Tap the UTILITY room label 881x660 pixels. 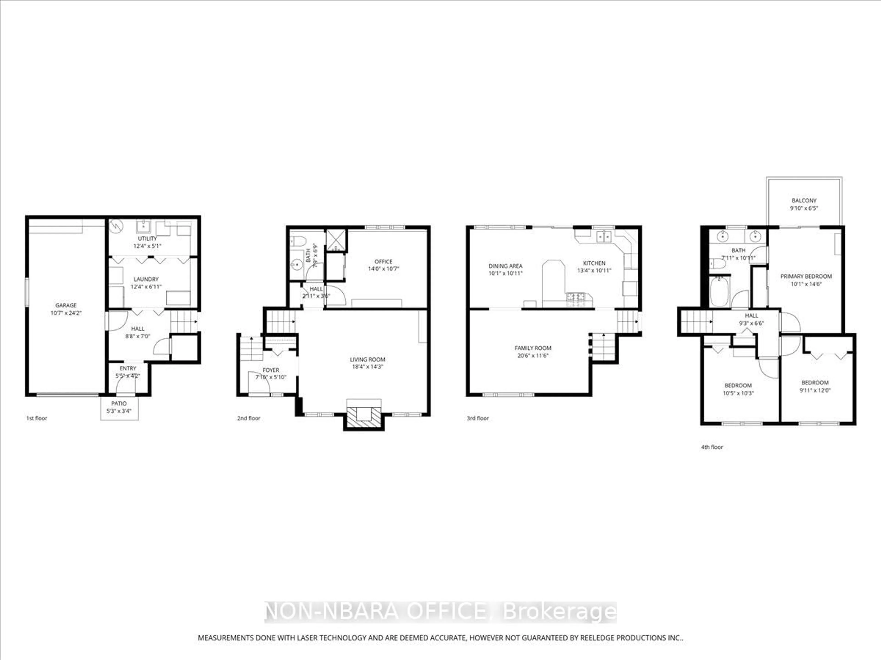click(147, 238)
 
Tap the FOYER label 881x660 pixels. click(270, 370)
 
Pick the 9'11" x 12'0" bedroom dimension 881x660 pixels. click(814, 390)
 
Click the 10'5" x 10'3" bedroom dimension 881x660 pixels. click(738, 393)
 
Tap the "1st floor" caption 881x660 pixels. click(37, 418)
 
